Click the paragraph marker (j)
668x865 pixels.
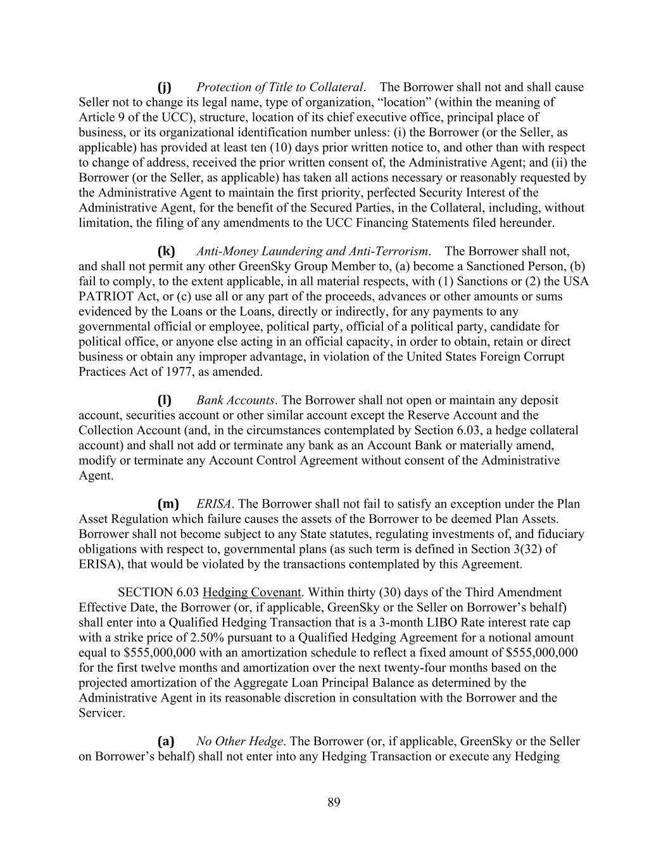(x=164, y=87)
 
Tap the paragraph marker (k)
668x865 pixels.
(x=166, y=251)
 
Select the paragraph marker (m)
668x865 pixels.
(x=168, y=504)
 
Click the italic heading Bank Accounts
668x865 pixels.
(x=236, y=400)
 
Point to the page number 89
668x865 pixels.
(x=334, y=803)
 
